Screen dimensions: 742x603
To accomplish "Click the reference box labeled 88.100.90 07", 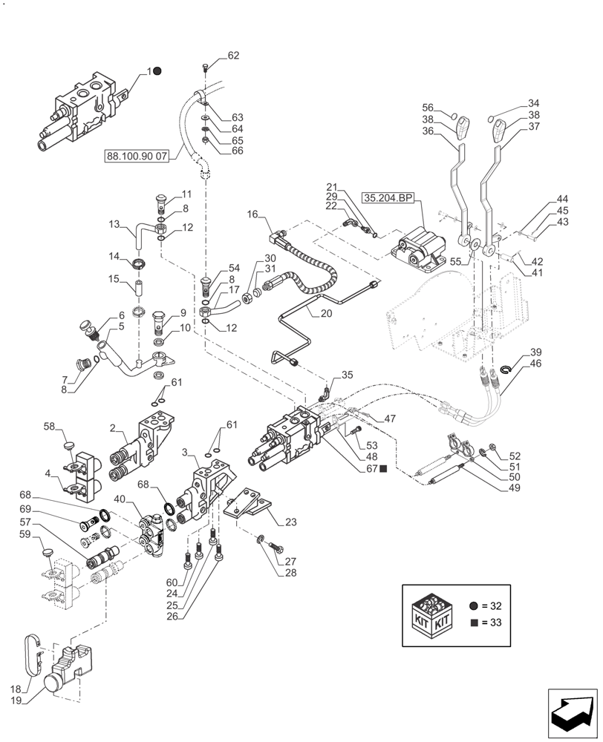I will tap(139, 157).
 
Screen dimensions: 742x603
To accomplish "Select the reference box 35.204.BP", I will tap(388, 198).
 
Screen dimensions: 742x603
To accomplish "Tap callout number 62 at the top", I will tap(233, 56).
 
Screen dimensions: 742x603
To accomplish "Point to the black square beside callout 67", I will tap(384, 468).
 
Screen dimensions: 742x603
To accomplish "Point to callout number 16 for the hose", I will tap(252, 214).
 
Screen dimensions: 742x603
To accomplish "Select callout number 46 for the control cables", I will tap(535, 364).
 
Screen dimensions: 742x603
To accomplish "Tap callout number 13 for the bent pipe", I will tap(114, 223).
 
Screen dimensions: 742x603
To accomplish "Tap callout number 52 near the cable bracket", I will tap(515, 456).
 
